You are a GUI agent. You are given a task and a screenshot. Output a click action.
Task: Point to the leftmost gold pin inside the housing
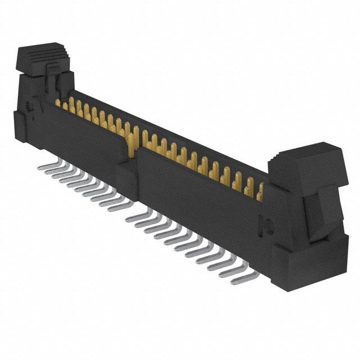[57, 103]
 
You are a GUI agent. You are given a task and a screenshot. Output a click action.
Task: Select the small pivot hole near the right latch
[268, 228]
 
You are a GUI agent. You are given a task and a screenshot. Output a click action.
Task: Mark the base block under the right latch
[307, 264]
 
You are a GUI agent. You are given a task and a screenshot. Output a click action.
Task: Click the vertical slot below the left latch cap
[55, 84]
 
